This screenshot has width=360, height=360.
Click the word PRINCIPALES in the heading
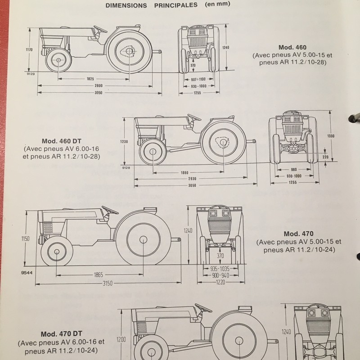[x=175, y=5]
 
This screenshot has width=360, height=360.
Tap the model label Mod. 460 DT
[x=62, y=141]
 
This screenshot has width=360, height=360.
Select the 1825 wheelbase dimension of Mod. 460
[x=90, y=79]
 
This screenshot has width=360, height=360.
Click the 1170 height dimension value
[x=29, y=49]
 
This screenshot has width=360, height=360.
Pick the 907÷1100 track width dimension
[x=198, y=79]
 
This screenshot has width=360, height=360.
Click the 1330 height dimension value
[x=331, y=136]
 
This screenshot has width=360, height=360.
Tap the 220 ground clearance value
[x=325, y=157]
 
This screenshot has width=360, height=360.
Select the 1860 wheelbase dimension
[x=184, y=173]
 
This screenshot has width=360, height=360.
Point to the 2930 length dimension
[x=192, y=179]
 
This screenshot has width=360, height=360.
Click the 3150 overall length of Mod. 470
[x=108, y=283]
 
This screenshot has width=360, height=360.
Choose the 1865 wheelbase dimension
[x=98, y=274]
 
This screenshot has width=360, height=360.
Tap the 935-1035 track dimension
[x=220, y=268]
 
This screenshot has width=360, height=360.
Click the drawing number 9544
[x=27, y=273]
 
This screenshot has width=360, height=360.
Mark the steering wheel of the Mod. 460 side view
[x=100, y=29]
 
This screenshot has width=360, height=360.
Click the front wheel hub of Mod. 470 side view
[x=57, y=252]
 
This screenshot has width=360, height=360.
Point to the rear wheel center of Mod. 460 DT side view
[x=223, y=142]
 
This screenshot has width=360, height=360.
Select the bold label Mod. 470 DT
[x=62, y=334]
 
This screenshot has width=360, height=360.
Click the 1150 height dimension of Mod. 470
[x=25, y=238]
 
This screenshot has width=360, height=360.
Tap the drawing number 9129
[x=31, y=74]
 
